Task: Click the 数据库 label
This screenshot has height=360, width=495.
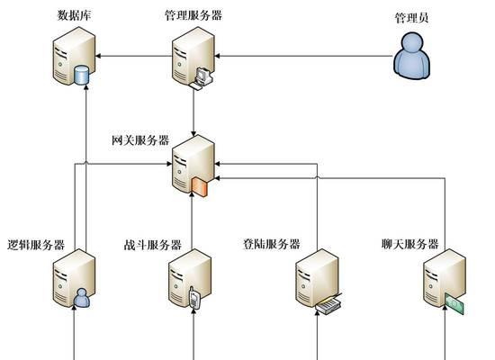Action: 74,15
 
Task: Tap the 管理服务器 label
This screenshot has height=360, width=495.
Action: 193,15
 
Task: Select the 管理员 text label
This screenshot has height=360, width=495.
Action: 411,18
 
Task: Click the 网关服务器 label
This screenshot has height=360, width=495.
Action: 140,140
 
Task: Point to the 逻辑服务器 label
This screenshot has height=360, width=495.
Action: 36,245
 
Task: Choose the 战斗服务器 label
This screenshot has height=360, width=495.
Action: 152,245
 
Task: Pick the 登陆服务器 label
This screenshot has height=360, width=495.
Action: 271,244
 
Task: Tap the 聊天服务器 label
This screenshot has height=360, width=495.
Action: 410,244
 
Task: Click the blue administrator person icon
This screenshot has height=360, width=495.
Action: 411,56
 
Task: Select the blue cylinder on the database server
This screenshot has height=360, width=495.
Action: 81,76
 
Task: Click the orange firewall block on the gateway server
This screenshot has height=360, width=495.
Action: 199,187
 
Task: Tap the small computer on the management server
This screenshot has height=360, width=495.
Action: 201,78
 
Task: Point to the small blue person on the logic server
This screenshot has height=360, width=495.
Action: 82,298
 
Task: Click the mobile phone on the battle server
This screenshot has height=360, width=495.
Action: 194,298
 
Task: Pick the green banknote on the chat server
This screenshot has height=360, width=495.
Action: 454,303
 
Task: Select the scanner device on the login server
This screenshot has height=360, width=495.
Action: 328,303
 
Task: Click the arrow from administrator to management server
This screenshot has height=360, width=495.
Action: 303,56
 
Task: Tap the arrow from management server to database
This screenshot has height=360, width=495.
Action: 134,56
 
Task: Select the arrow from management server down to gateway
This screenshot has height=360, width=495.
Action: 193,112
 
